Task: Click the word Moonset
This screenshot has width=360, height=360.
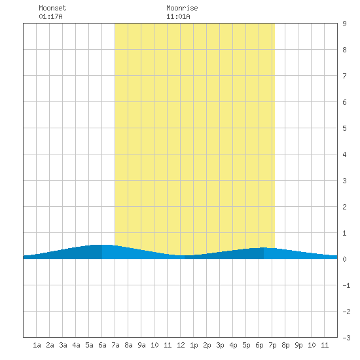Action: [52, 8]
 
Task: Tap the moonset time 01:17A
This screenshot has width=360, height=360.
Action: [50, 16]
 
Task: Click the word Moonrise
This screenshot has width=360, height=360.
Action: [182, 8]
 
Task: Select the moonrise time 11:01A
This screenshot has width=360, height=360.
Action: [178, 16]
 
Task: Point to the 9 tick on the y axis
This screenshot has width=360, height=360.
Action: [344, 24]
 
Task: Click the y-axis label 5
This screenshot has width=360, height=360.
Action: [344, 128]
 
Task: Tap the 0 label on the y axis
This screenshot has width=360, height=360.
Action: [344, 259]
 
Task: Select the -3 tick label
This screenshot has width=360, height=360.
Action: [346, 338]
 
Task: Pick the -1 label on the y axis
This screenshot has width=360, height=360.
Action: [346, 285]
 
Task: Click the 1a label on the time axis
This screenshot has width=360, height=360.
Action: [37, 345]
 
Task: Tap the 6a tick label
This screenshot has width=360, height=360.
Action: [102, 345]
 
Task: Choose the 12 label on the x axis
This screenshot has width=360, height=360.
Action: [181, 345]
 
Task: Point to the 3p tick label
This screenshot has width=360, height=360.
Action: [220, 345]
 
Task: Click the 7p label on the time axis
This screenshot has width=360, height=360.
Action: [272, 345]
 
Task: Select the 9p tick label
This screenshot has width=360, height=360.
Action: [298, 345]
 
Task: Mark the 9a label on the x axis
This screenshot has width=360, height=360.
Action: [141, 345]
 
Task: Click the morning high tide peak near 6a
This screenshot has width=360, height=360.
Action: [102, 245]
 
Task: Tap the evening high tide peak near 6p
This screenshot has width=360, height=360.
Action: [264, 247]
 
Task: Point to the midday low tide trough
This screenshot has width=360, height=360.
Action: [185, 255]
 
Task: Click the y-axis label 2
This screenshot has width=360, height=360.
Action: [344, 207]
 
